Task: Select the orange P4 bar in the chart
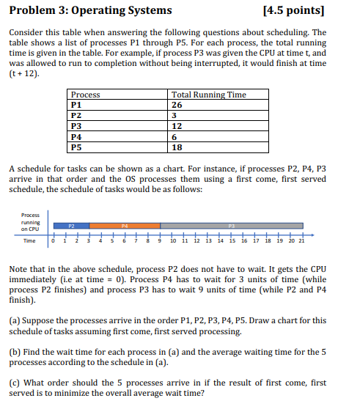click(x=125, y=226)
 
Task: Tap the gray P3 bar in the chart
click(x=232, y=226)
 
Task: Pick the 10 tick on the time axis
click(x=172, y=240)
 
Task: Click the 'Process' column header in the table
click(x=85, y=95)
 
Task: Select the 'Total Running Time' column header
click(x=208, y=95)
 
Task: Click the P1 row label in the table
click(x=76, y=104)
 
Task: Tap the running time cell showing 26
click(x=177, y=104)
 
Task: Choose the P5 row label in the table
click(x=76, y=146)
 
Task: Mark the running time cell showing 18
click(x=177, y=146)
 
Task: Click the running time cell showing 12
click(x=177, y=125)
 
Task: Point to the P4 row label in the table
click(x=76, y=136)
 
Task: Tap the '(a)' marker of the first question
click(x=15, y=320)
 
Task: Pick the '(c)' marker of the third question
click(x=15, y=383)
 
